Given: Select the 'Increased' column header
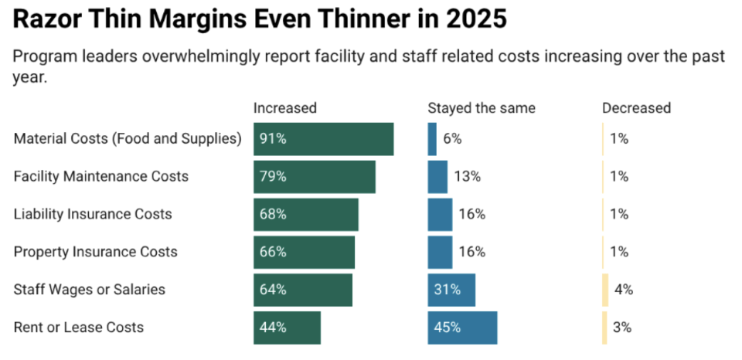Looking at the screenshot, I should click(x=285, y=108).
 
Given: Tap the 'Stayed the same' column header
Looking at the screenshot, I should click(x=482, y=108).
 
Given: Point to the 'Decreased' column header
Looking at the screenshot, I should click(x=636, y=108).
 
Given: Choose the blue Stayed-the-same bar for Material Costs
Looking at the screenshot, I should click(x=432, y=139).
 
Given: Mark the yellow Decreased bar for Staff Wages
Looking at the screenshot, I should click(x=606, y=290).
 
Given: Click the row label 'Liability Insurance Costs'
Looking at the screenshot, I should click(x=93, y=214).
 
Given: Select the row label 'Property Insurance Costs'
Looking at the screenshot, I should click(x=95, y=252).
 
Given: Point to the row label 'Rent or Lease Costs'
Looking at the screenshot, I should click(x=79, y=328).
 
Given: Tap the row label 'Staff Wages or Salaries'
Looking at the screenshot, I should click(x=90, y=290).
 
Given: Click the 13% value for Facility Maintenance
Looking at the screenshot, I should click(x=467, y=176).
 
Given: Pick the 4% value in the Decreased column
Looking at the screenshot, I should click(x=624, y=290).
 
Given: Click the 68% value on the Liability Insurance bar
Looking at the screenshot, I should click(x=273, y=214).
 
